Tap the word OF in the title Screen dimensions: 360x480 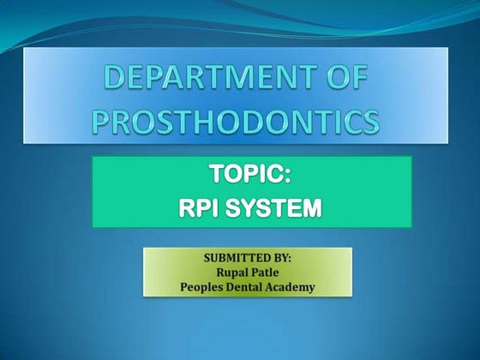[x=349, y=81]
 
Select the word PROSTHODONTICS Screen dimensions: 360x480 [x=236, y=122]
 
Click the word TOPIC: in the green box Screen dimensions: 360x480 [x=251, y=177]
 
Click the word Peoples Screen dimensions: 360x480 [x=201, y=287]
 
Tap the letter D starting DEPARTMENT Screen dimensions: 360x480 [x=117, y=81]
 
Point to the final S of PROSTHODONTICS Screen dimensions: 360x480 [x=369, y=122]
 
